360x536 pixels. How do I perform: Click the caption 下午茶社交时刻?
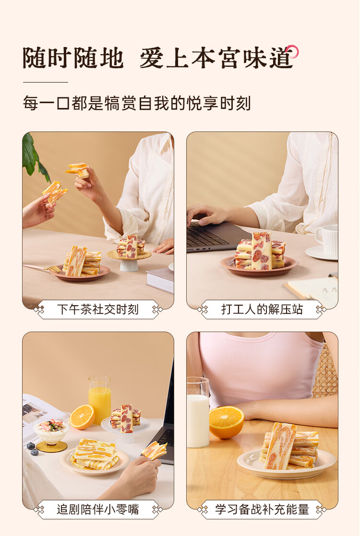tap(98, 310)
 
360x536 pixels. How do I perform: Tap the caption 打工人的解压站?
tap(262, 310)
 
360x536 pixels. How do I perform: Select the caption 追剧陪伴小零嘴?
tap(98, 509)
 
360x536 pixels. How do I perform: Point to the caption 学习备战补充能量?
tap(262, 509)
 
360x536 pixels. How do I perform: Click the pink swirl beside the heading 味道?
tap(292, 51)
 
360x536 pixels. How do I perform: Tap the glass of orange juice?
tap(99, 400)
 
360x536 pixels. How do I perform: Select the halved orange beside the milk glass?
tap(227, 422)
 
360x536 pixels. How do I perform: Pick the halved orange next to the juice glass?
tap(82, 417)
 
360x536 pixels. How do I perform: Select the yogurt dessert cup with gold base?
tap(51, 434)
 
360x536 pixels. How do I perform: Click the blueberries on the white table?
tap(33, 449)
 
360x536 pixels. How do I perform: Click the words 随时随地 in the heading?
tap(73, 58)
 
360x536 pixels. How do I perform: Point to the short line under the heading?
tap(46, 82)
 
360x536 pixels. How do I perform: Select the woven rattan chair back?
tap(325, 374)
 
